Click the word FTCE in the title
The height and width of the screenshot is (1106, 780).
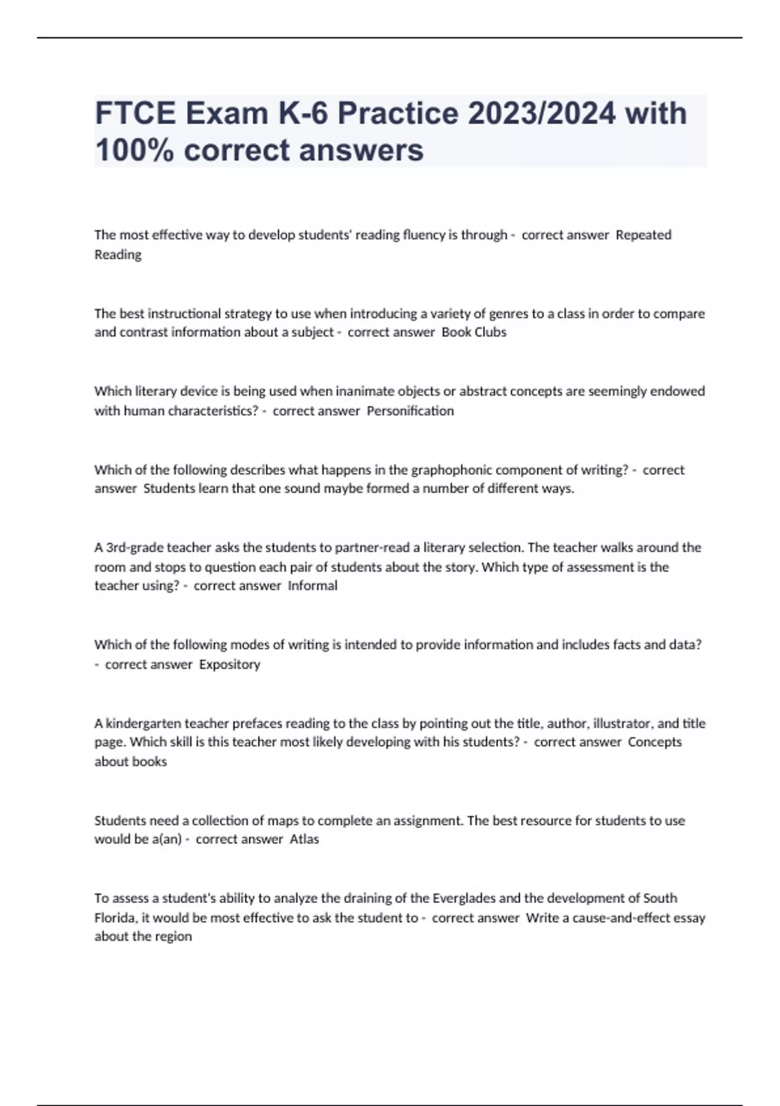point(135,113)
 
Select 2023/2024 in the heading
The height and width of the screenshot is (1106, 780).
point(541,113)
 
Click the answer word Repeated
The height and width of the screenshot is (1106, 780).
point(643,235)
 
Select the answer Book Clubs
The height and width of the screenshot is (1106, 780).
point(474,332)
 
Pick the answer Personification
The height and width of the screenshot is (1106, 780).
point(410,411)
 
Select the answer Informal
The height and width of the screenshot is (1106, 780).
point(313,586)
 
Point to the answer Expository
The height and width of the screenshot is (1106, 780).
point(229,664)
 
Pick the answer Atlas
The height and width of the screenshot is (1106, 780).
point(304,839)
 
